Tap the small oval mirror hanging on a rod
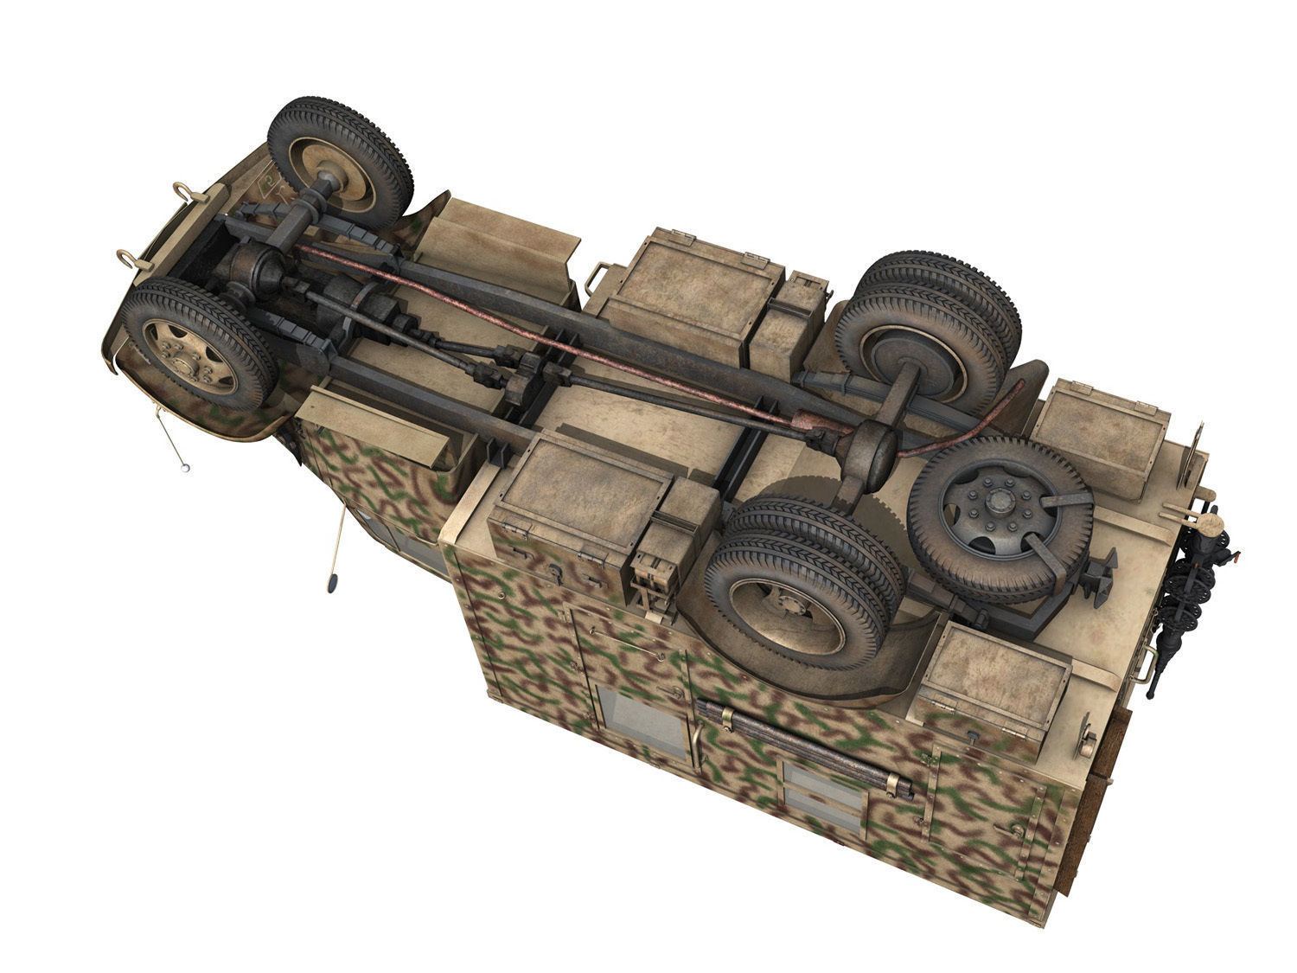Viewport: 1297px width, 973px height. tap(331, 583)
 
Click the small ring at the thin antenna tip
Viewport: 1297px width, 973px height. tap(184, 466)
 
